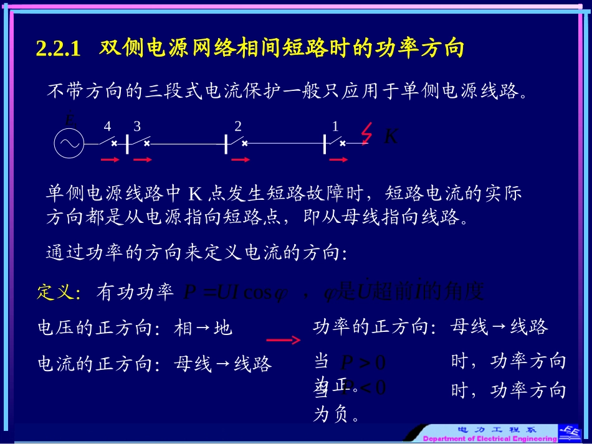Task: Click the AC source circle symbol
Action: tap(69, 143)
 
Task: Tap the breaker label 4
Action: tap(107, 126)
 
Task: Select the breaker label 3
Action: tap(137, 126)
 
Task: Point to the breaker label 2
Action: tap(238, 126)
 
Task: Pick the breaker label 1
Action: tap(335, 126)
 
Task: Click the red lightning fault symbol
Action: tap(367, 133)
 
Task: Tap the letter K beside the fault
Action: tap(391, 136)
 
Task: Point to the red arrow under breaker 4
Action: tap(110, 159)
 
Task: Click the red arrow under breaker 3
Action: tap(143, 159)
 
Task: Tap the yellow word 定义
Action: tap(55, 292)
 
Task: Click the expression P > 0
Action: tap(363, 362)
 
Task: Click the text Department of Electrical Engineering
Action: tap(490, 438)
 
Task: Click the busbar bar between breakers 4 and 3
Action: tap(127, 143)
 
